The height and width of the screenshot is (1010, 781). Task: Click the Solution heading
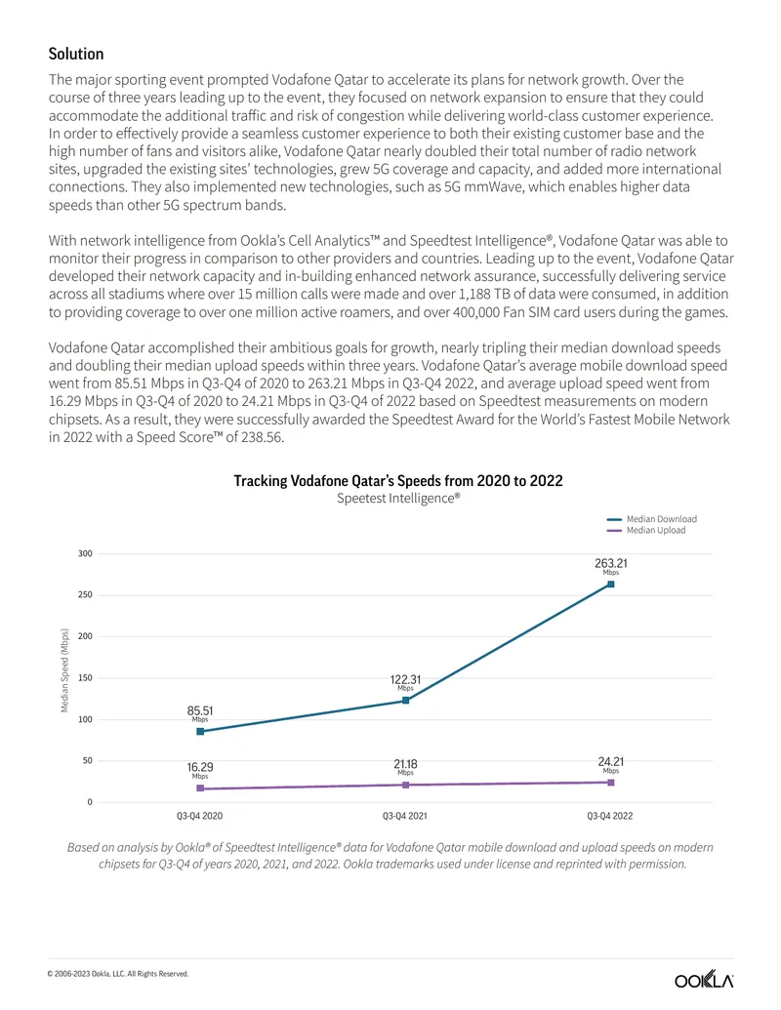pos(76,54)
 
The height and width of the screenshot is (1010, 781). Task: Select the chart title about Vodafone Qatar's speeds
pos(398,481)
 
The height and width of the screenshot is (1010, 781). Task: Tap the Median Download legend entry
pos(652,519)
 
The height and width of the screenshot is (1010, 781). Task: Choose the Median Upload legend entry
pos(646,530)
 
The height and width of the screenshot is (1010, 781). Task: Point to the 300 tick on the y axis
pos(85,553)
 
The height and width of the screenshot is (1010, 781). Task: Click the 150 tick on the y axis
pos(85,677)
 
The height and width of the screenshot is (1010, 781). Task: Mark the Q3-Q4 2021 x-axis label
pos(405,816)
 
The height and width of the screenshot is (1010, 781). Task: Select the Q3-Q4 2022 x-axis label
pos(609,816)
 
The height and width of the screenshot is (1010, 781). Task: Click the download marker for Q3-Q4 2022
pos(611,585)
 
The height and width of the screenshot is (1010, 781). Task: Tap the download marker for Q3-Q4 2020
pos(200,732)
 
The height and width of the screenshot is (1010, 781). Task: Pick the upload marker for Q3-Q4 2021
pos(405,785)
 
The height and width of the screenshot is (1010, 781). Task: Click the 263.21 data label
pos(611,564)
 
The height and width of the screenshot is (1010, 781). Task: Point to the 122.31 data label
pos(405,679)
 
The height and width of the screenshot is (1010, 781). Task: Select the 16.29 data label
pos(200,767)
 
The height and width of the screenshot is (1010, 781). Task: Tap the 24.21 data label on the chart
pos(611,762)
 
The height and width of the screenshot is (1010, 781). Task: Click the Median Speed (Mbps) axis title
pos(64,670)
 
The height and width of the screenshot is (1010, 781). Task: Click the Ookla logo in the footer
pos(704,980)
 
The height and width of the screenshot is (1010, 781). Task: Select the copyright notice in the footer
pos(118,974)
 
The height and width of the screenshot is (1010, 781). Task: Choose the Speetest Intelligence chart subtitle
pos(398,498)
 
